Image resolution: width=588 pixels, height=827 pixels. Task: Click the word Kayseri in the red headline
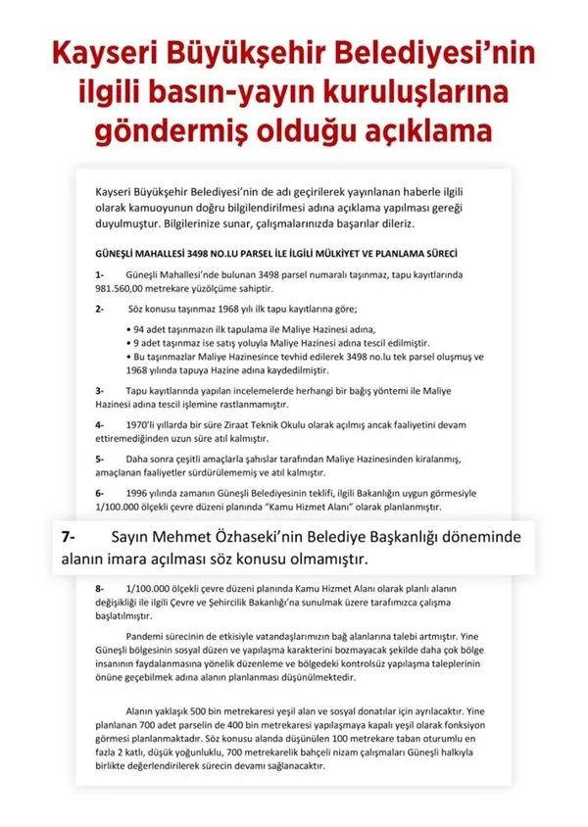click(104, 49)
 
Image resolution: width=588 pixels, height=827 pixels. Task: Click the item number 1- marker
click(99, 275)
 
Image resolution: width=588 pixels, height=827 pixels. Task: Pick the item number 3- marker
click(99, 390)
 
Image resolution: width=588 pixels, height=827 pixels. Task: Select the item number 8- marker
click(99, 588)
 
